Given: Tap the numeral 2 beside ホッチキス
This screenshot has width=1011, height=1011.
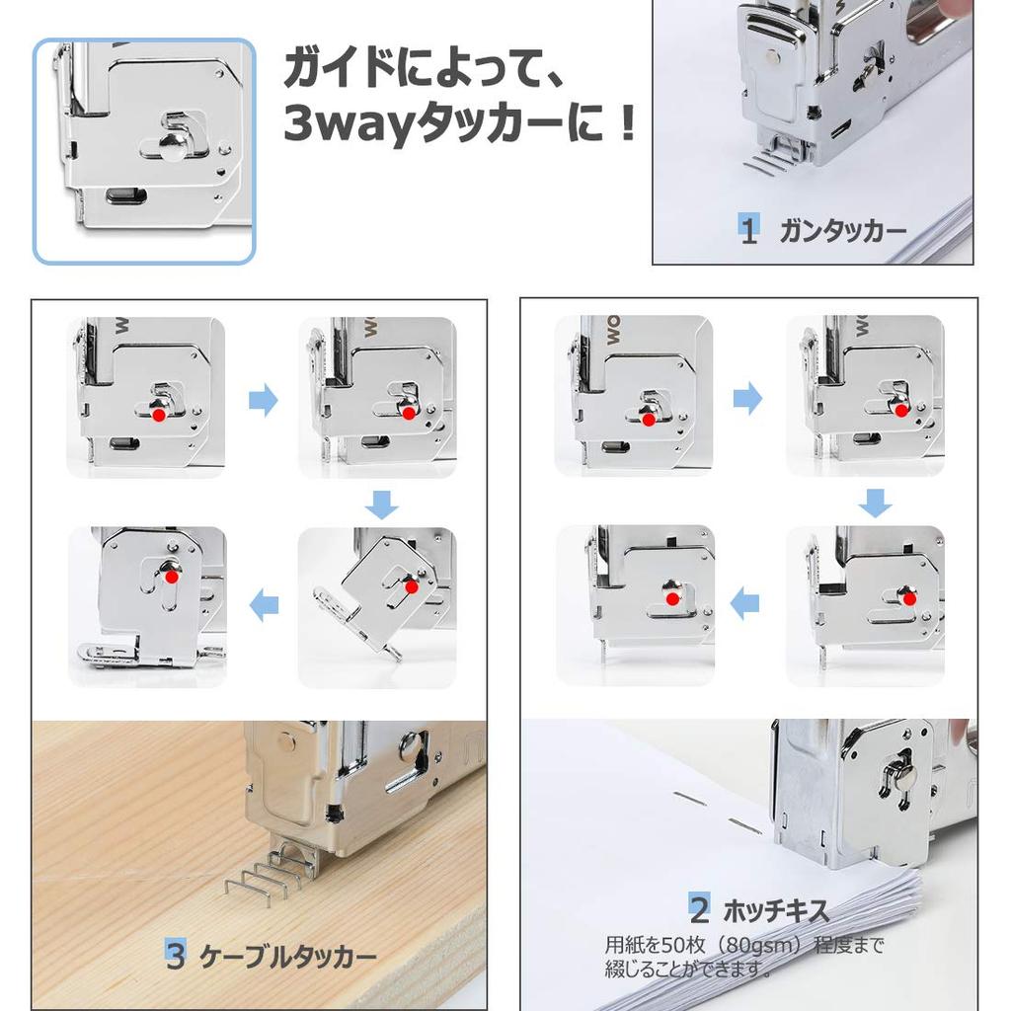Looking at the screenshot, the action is tap(700, 909).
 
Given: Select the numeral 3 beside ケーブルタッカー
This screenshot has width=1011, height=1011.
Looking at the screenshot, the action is tap(176, 955).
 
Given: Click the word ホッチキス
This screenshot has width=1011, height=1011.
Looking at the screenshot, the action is tap(776, 911).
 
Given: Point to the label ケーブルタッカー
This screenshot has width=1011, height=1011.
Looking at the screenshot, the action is tap(287, 956).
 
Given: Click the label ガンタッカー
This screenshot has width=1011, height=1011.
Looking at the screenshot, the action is tap(843, 231).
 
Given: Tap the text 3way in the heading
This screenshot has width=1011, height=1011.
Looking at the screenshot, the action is tap(348, 124).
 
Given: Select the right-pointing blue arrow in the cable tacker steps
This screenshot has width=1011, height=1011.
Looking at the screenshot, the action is tap(263, 401).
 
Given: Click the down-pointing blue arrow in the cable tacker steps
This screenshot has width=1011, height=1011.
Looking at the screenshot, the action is tap(381, 504).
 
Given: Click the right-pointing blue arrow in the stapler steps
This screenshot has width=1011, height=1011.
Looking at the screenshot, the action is tap(748, 397).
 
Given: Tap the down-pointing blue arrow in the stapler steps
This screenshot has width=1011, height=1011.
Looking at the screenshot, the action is tap(875, 503).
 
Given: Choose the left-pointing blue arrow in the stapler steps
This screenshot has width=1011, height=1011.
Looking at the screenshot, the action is tap(744, 603).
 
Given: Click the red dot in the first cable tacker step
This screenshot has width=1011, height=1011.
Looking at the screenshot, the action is tap(158, 416).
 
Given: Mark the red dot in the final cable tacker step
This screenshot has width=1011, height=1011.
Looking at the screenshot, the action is tap(171, 577).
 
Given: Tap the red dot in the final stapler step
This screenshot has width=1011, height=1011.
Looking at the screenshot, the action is tap(672, 599).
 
